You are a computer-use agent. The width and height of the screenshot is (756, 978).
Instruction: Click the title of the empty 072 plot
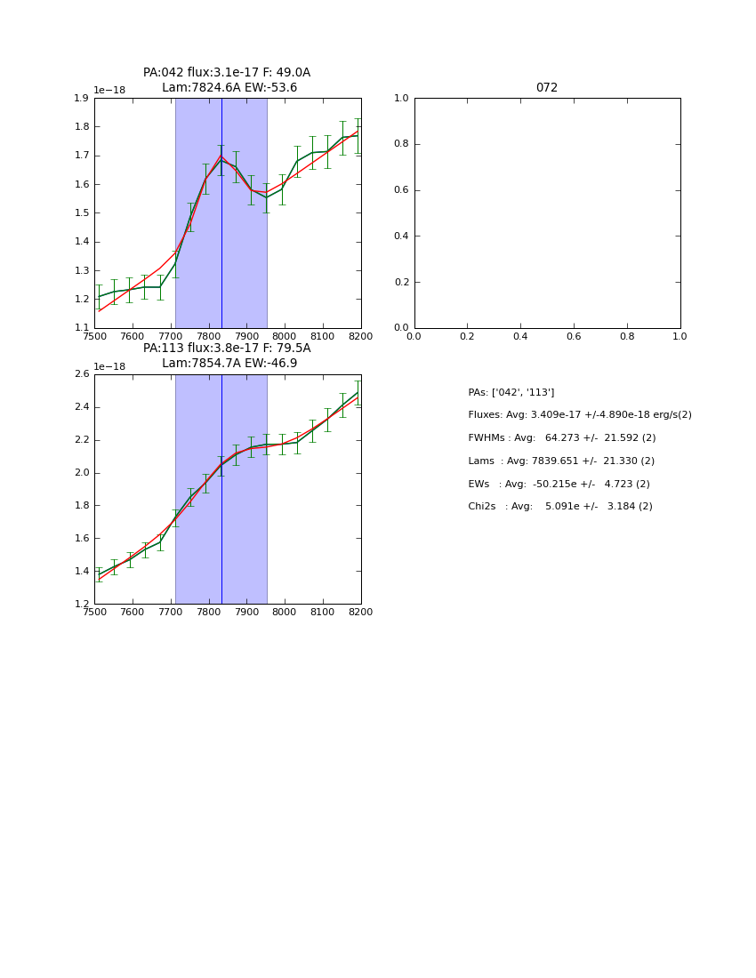pos(546,88)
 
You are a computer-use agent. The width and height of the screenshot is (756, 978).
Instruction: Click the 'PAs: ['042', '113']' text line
pos(511,392)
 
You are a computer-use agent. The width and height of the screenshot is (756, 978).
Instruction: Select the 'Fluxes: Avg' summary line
pos(579,415)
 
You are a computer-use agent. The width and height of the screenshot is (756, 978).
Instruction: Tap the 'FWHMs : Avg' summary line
pos(561,437)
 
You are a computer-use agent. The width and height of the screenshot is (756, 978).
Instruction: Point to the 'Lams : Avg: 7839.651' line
pos(560,461)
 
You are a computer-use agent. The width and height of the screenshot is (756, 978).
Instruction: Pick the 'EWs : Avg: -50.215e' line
pos(559,484)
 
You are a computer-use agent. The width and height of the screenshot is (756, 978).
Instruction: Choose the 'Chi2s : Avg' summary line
pos(559,506)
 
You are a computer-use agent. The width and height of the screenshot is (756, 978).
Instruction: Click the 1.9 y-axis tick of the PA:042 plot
pos(81,98)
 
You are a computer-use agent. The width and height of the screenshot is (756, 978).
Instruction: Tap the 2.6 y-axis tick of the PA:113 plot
pos(81,374)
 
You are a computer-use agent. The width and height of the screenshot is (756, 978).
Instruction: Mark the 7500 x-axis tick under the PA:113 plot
pos(94,612)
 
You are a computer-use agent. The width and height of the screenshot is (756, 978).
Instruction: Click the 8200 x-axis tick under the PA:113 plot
pos(360,612)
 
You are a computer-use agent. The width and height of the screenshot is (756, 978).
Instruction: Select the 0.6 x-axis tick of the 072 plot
pos(574,336)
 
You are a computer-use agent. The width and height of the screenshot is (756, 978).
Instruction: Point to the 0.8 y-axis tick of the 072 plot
pos(401,144)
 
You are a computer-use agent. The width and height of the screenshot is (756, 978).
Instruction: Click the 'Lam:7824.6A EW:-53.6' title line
pos(229,88)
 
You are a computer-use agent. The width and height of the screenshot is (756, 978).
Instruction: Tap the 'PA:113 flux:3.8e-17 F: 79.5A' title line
pos(227,349)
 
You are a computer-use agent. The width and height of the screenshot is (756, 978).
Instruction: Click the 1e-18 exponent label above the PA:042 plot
pos(109,91)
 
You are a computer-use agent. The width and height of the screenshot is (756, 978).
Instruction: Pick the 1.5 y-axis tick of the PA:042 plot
pos(81,212)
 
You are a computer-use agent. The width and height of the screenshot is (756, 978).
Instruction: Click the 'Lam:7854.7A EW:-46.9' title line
pos(229,364)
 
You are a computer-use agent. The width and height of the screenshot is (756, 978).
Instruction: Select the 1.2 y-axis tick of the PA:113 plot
pos(81,604)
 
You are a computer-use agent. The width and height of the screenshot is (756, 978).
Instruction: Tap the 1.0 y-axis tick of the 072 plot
pos(401,98)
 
